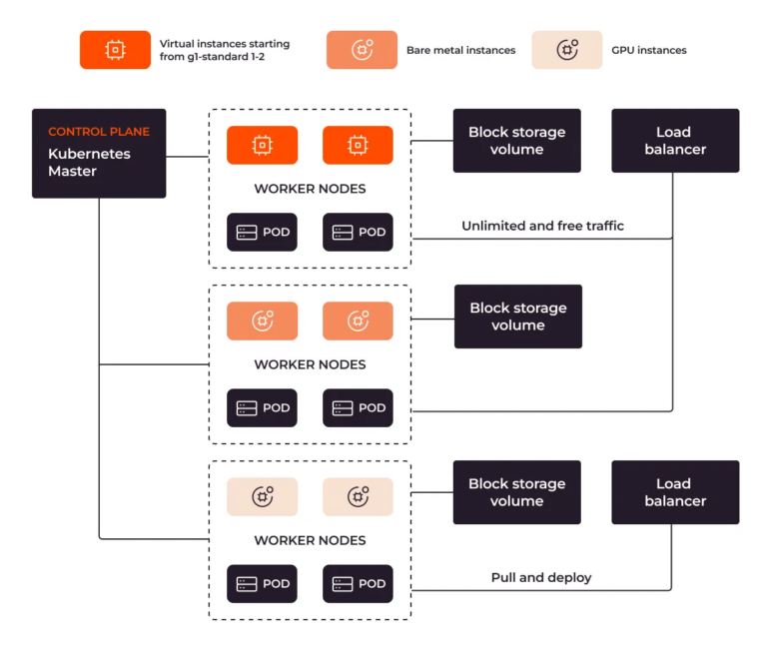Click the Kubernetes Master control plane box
pos(99,153)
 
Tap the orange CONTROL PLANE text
pos(99,132)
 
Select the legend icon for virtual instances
pos(116,50)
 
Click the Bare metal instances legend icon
pos(362,50)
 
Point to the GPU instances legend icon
pos(566,50)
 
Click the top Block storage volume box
pos(517,141)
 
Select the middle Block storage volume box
pos(517,317)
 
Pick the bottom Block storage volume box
pos(517,492)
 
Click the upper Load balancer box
pos(675,141)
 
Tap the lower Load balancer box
pos(675,492)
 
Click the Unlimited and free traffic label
pos(542,226)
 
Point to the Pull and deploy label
pos(541,577)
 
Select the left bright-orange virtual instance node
pos(262,145)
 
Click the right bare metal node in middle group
pos(358,321)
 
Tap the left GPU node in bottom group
pos(262,496)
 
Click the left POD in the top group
pos(262,232)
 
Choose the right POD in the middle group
pos(358,407)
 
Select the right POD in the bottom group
pos(358,583)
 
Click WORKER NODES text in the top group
pos(310,189)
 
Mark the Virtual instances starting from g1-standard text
pos(225,50)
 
